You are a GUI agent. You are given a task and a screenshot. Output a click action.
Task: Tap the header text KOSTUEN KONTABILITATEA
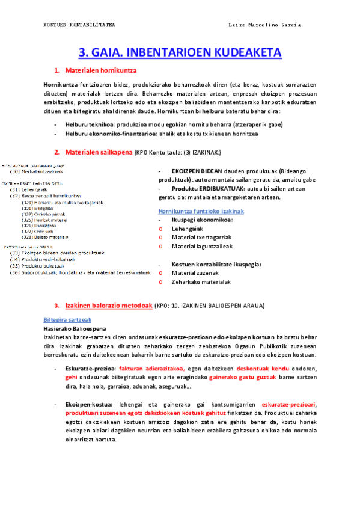[x=79, y=25]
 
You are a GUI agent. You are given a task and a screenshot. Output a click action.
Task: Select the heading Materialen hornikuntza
[x=100, y=71]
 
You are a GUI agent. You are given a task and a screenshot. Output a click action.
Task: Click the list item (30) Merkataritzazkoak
[x=37, y=171]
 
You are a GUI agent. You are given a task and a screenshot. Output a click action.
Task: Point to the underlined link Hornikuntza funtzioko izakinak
[x=201, y=212]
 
